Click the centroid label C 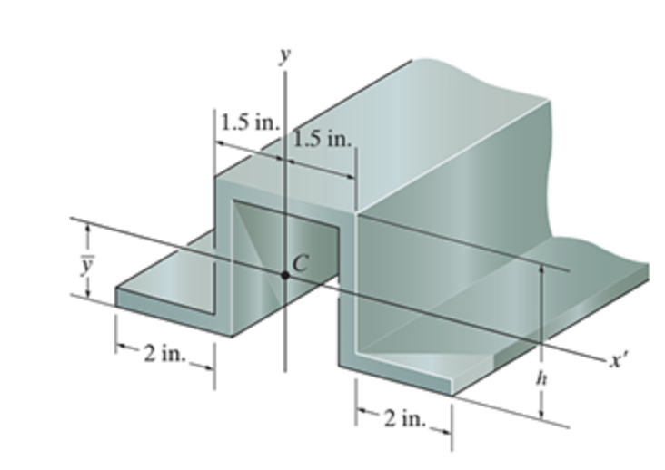pos(301,263)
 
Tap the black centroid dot pos(285,273)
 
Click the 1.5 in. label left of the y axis pos(249,122)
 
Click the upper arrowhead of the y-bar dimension pos(87,229)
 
